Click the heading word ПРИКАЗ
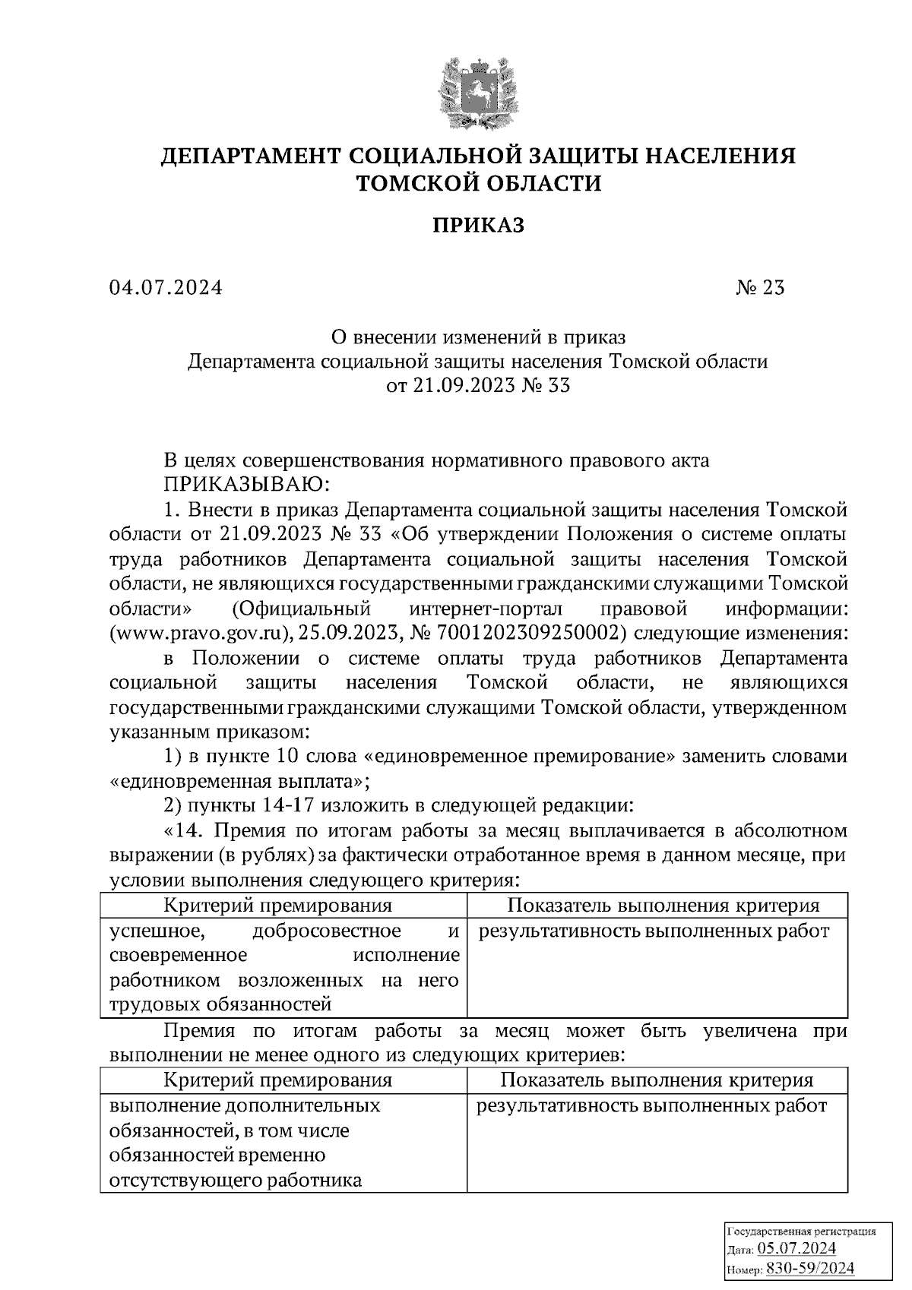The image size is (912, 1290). [478, 225]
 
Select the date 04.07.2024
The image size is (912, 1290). [166, 288]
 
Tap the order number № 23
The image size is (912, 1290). [760, 288]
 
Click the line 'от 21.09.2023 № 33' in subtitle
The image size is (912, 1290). [478, 385]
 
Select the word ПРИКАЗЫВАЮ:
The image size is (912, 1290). [247, 484]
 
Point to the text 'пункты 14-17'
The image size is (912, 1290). [255, 805]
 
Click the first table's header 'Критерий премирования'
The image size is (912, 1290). [278, 906]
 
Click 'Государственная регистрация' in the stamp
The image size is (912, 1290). [802, 1231]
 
